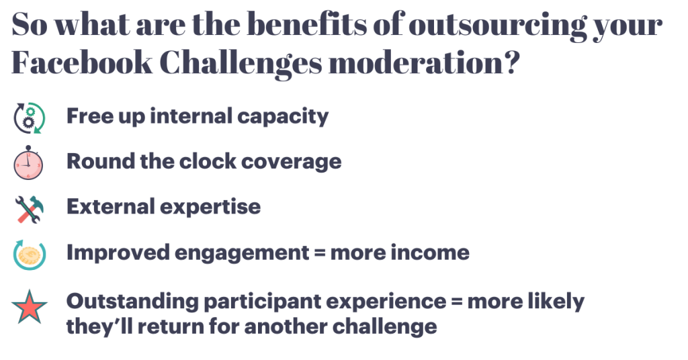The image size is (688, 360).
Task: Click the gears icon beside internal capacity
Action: click(x=30, y=118)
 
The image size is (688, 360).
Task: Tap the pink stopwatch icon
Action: click(x=28, y=163)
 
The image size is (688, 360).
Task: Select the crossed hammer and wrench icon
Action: click(x=30, y=209)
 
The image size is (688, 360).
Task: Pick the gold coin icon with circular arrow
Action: click(x=30, y=255)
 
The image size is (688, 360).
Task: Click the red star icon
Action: click(x=30, y=307)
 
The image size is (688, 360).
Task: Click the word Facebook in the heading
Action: click(x=81, y=62)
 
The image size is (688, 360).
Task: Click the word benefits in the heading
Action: click(x=306, y=24)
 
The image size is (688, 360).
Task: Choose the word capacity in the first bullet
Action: click(x=283, y=117)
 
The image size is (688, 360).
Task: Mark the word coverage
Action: click(x=292, y=163)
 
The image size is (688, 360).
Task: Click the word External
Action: click(x=110, y=206)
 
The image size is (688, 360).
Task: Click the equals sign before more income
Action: click(x=320, y=253)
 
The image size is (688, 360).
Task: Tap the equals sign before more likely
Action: click(x=457, y=302)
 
